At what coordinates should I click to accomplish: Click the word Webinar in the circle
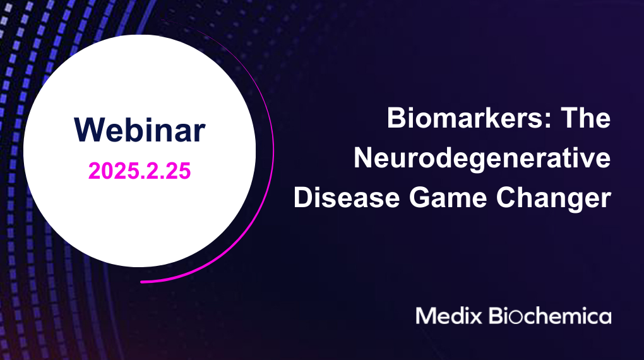tap(140, 130)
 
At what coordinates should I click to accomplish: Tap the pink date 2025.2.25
tap(140, 171)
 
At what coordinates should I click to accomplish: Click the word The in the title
tap(586, 118)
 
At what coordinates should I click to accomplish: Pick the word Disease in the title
tap(347, 198)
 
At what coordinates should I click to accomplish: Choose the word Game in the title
tap(448, 198)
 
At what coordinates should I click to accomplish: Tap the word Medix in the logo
tap(448, 316)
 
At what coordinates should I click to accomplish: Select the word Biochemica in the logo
tap(550, 316)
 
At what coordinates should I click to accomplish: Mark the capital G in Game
tap(419, 198)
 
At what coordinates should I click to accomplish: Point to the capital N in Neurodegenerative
tap(364, 159)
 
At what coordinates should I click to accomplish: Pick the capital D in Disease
tap(304, 198)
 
